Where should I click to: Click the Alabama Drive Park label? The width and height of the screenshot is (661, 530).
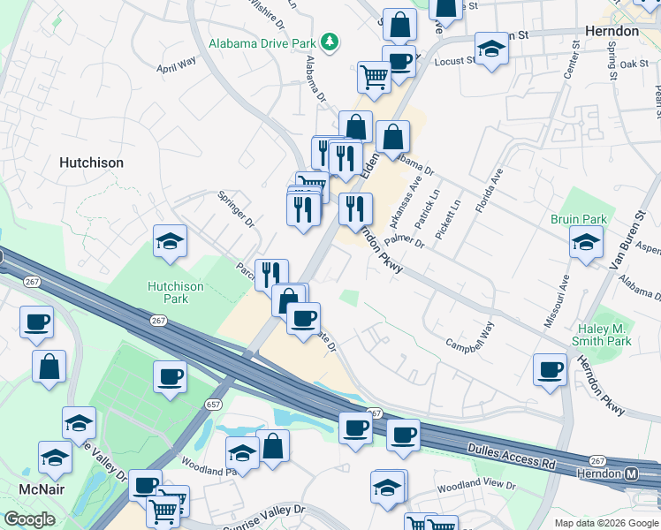pyautogui.click(x=262, y=42)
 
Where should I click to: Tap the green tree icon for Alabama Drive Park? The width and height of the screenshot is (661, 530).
pyautogui.click(x=330, y=42)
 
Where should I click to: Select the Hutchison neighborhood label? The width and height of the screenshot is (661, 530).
pyautogui.click(x=91, y=163)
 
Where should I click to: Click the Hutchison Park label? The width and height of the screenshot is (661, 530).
pyautogui.click(x=175, y=292)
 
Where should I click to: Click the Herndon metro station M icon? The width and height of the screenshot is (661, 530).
pyautogui.click(x=632, y=473)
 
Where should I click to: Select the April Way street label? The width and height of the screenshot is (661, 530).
pyautogui.click(x=176, y=66)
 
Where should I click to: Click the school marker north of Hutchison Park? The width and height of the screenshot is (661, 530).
pyautogui.click(x=170, y=241)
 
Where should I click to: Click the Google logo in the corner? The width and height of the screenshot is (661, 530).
pyautogui.click(x=30, y=519)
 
